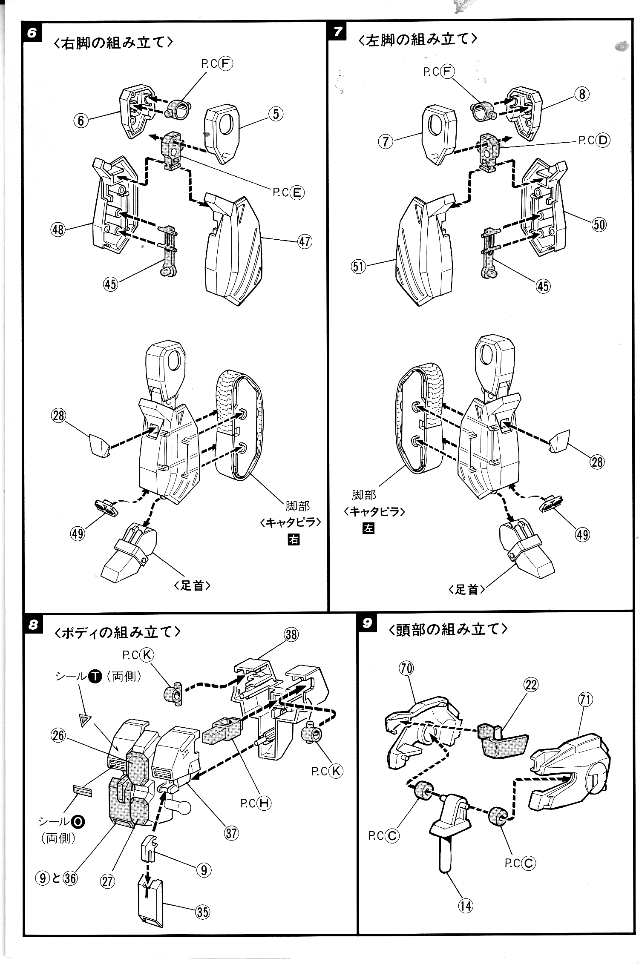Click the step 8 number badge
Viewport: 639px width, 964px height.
point(33,625)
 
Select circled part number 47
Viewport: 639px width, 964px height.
point(304,242)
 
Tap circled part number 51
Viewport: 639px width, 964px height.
point(359,267)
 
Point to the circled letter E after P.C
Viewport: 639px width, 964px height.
point(296,192)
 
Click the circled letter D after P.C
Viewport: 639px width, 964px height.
point(603,140)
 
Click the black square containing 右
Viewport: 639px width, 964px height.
point(294,539)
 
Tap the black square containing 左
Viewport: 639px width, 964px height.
point(368,528)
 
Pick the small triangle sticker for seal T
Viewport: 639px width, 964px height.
point(86,720)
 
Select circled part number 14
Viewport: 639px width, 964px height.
point(466,906)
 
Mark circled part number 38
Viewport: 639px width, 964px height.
point(291,635)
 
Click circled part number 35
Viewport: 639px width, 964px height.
point(202,912)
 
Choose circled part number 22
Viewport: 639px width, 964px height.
point(531,684)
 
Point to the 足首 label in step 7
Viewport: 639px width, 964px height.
point(466,589)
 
